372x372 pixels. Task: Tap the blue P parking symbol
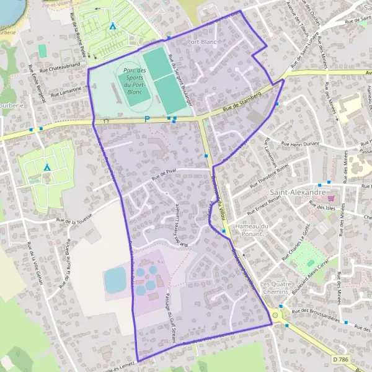tap(147, 119)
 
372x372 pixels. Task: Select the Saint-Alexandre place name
tap(299, 193)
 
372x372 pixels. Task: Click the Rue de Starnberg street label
tap(240, 104)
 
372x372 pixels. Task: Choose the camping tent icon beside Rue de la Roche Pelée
tap(112, 27)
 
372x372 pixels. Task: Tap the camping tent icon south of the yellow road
tap(47, 167)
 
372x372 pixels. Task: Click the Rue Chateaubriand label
tap(63, 64)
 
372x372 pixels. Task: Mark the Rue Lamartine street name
tap(66, 90)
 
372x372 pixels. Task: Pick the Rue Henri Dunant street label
tap(300, 144)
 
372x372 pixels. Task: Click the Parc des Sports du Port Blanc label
tap(134, 81)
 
